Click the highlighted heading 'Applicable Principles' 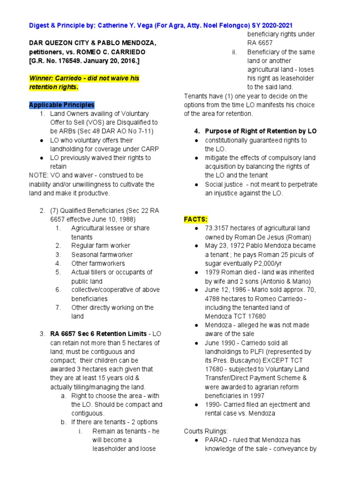(61, 105)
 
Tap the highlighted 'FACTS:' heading (195, 219)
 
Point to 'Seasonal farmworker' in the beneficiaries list (102, 255)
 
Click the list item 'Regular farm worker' (100, 246)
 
